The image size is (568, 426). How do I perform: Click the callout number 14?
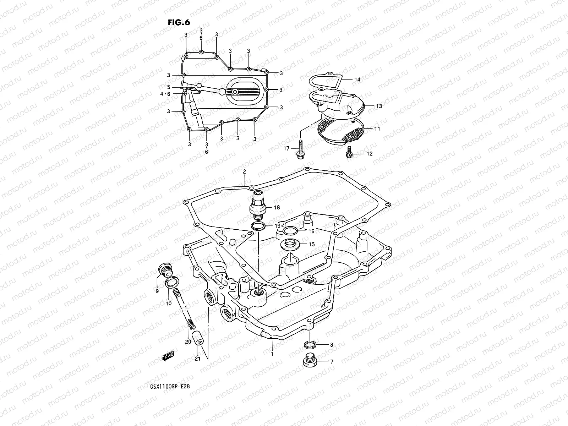pos(357,80)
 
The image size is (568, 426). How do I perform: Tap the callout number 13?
pos(379,106)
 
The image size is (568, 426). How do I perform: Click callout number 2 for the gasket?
pos(245,172)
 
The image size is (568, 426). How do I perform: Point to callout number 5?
pos(169,87)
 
